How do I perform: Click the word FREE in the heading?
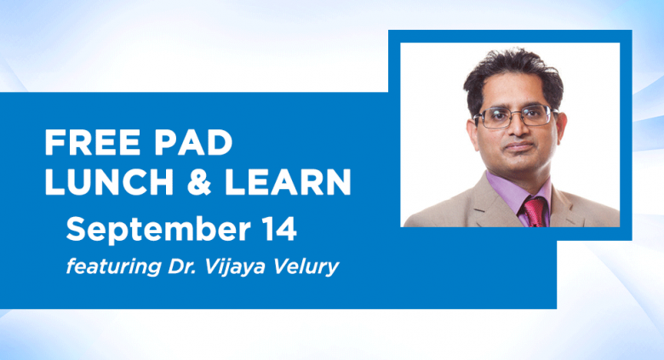pos(92,143)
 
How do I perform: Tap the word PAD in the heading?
pos(193,143)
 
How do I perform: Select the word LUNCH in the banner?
pos(109,182)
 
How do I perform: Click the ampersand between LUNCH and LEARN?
pos(199,182)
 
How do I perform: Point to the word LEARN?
pos(288,182)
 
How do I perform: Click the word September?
pos(158,231)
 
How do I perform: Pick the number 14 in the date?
pos(279,229)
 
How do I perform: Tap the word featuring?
pos(113,267)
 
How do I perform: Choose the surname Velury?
pos(306,267)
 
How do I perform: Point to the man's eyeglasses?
pos(516,116)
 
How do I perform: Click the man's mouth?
pos(519,147)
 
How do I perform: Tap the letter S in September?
pos(75,229)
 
